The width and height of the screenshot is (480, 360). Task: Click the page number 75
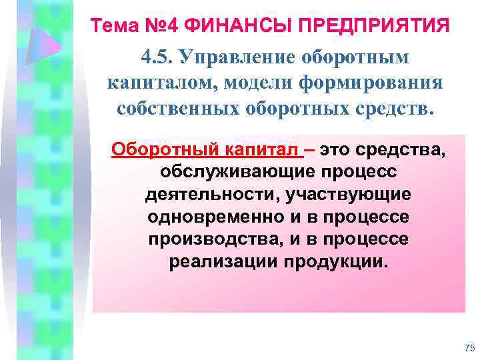pos(468,347)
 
